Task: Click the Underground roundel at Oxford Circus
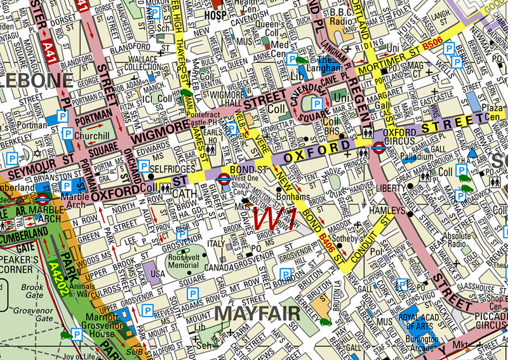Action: tap(378, 148)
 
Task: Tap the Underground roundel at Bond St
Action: tap(224, 179)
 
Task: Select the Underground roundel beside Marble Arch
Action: tap(42, 199)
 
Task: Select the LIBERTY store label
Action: tap(389, 189)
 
